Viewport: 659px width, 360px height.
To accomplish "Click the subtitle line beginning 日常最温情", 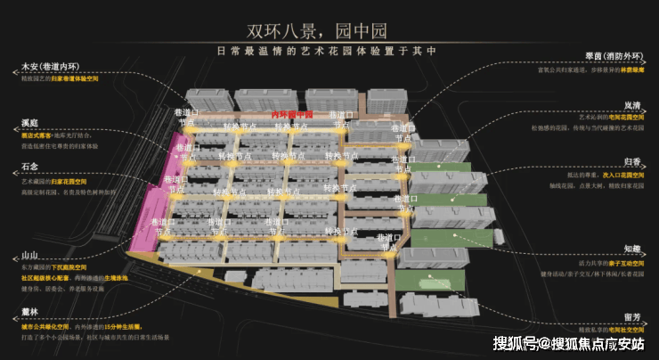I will point(329,51).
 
